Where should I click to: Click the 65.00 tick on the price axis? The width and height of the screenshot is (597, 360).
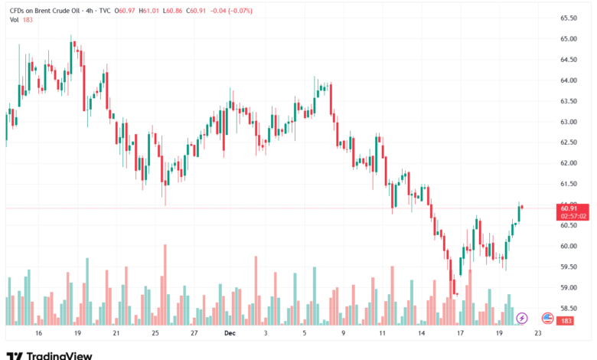click(x=568, y=38)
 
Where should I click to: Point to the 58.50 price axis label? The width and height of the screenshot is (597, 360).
click(x=568, y=308)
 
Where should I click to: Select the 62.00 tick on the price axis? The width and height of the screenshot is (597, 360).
click(x=568, y=163)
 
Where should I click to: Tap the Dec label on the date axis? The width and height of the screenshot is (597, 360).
click(x=229, y=334)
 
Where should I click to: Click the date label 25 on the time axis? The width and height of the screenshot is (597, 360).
click(x=155, y=334)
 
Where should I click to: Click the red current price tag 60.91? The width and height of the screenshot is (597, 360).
click(x=569, y=208)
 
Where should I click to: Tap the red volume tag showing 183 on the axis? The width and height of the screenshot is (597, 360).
click(x=567, y=320)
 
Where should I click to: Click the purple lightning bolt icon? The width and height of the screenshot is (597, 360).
click(x=522, y=318)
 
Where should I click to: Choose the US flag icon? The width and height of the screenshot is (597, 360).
click(x=547, y=318)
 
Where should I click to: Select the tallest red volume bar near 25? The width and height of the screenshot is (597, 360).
click(x=165, y=283)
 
